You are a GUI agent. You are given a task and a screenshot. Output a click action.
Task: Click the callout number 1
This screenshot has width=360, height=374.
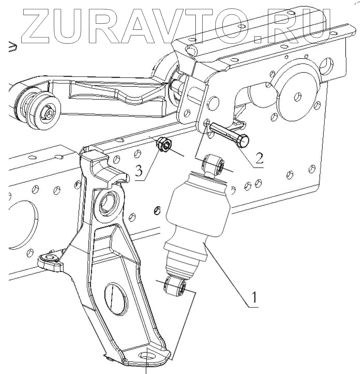(x=254, y=296)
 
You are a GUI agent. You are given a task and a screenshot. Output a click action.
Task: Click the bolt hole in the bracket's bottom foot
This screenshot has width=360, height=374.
(x=146, y=356)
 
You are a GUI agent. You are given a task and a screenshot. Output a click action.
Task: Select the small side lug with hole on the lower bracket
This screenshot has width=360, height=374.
(x=49, y=260)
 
